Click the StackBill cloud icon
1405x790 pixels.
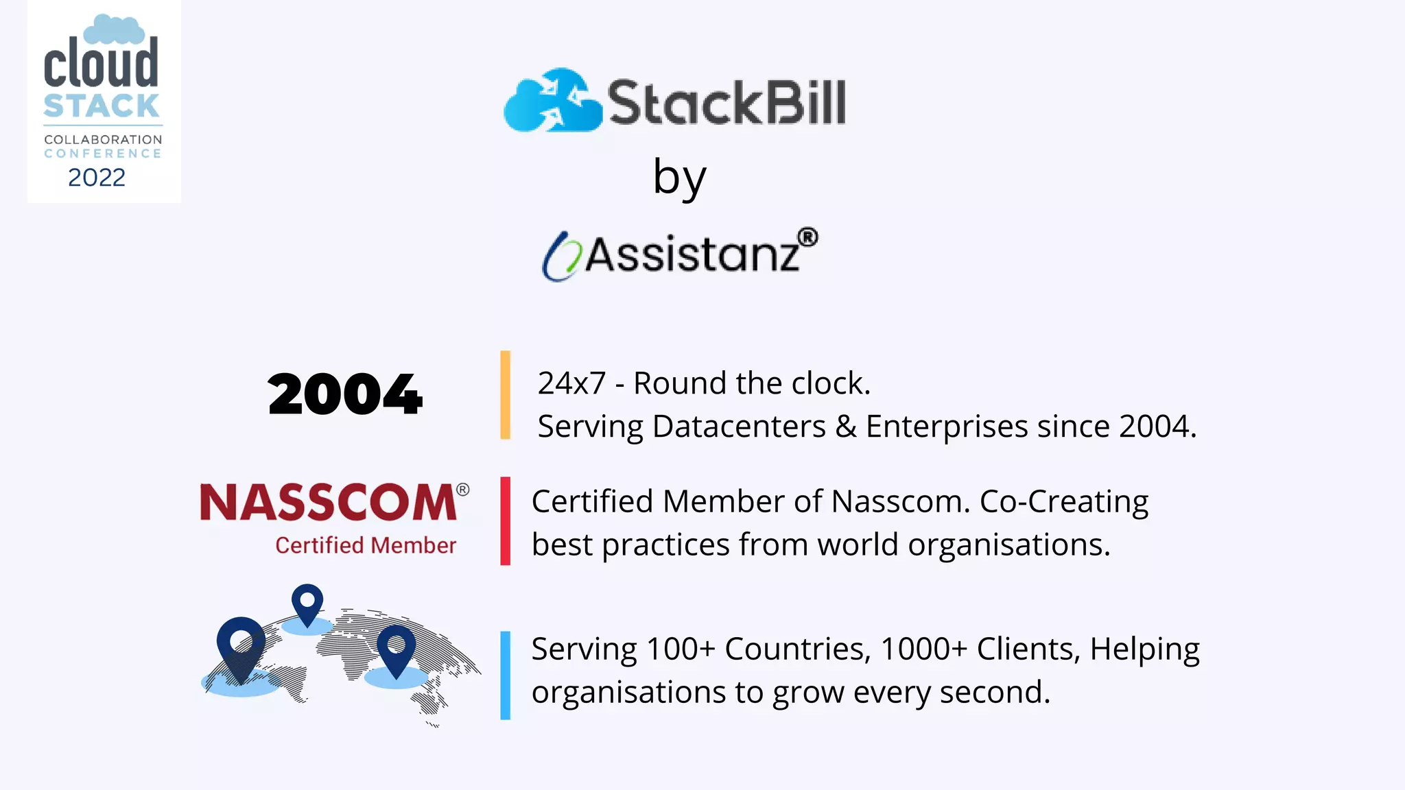click(x=552, y=101)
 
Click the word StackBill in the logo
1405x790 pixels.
click(x=727, y=103)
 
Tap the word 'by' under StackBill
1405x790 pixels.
click(x=679, y=177)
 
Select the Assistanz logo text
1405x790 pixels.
click(x=692, y=254)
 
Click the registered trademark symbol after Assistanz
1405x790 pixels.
click(x=808, y=237)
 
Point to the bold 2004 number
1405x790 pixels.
click(x=345, y=394)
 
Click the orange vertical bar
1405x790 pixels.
click(x=506, y=394)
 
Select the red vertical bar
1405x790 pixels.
click(x=506, y=521)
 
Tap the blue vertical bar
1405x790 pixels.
click(x=506, y=675)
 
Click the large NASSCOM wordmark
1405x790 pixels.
click(x=328, y=502)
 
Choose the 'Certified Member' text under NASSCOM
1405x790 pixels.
click(x=366, y=545)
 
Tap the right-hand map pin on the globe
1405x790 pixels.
click(x=397, y=648)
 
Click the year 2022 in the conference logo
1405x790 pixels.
click(x=97, y=178)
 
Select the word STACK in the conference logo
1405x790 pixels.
click(x=102, y=106)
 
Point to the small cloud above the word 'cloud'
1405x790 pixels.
click(x=114, y=30)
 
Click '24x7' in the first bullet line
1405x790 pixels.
click(x=571, y=383)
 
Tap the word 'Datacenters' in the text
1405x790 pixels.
click(x=739, y=427)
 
